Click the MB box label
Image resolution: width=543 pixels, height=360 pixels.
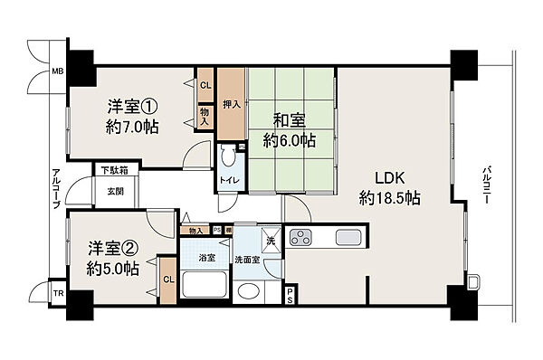(x=56, y=70)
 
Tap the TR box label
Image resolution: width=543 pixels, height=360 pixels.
(x=58, y=294)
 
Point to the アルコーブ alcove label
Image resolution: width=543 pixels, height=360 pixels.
(x=55, y=188)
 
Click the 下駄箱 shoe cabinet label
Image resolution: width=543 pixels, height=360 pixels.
(x=113, y=170)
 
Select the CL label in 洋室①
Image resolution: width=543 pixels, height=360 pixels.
(x=205, y=86)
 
